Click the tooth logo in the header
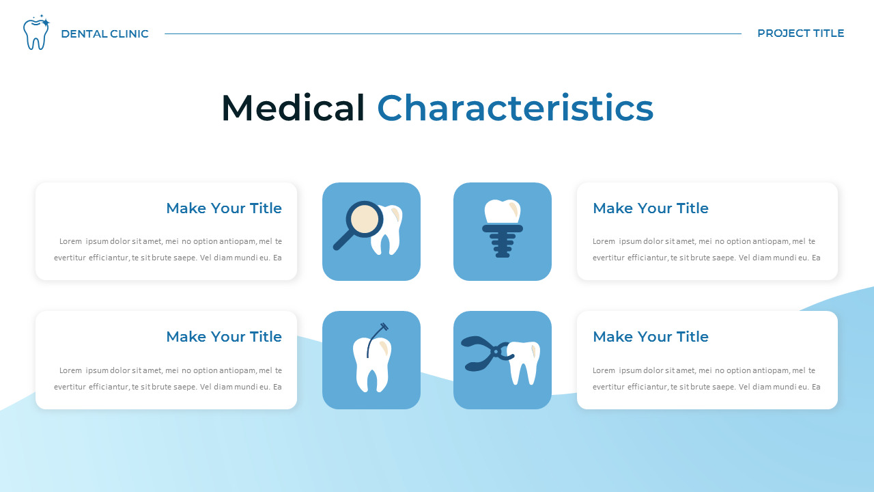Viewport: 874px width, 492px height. point(36,33)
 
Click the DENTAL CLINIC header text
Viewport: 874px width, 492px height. point(104,33)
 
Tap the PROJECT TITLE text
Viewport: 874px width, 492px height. point(800,33)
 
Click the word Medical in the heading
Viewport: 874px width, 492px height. point(293,108)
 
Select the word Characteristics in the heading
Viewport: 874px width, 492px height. point(515,108)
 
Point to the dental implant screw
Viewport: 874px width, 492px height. point(503,243)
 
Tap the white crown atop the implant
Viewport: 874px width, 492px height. point(503,211)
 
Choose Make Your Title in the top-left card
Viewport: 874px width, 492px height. point(223,208)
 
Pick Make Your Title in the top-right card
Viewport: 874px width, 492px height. point(650,208)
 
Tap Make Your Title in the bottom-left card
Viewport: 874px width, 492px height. point(223,337)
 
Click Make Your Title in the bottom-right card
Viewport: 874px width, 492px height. point(650,337)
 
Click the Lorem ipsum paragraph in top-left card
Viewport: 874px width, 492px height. point(168,249)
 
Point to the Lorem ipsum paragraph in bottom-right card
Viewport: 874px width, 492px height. point(706,379)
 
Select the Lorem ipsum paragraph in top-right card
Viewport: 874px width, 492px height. point(706,249)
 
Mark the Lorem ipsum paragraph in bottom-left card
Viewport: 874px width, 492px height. point(168,379)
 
